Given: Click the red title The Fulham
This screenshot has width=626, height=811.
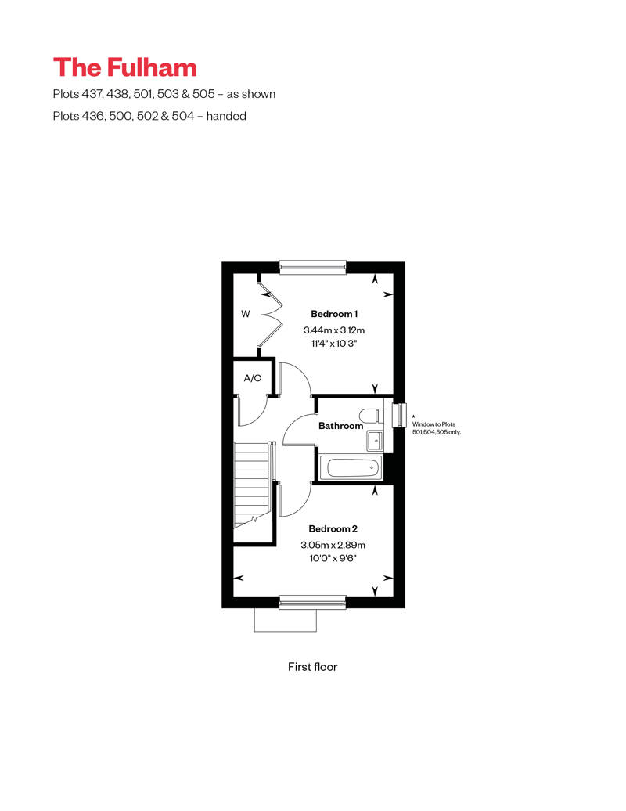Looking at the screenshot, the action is pos(124,68).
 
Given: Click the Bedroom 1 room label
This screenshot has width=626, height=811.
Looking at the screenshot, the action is pos(334,314).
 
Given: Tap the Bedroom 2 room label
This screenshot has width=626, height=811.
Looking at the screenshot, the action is pos(333,528).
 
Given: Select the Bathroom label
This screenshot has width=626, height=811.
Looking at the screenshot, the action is pos(340,426).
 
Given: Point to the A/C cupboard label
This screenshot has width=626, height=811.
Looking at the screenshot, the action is pos(252,378).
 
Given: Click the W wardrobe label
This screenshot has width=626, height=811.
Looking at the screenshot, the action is pos(246,314).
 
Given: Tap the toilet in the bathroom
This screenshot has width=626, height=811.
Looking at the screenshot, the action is pos(372,416).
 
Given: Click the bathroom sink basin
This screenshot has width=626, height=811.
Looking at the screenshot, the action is pos(375,441).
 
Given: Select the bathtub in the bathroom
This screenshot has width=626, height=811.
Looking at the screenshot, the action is pos(350,468).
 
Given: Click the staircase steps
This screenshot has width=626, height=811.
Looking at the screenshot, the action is pos(253,485).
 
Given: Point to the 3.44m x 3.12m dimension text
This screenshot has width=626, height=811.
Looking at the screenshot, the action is pos(334,330).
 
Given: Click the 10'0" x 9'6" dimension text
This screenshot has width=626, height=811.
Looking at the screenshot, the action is pos(333,558).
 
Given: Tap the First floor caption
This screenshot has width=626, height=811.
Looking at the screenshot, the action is pos(312,667).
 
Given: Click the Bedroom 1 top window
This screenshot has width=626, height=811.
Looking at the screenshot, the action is pos(312,267).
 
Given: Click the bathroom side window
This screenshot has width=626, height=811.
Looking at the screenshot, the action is pos(400,416).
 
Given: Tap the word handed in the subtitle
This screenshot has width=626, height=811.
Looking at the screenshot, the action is pos(226,116).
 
